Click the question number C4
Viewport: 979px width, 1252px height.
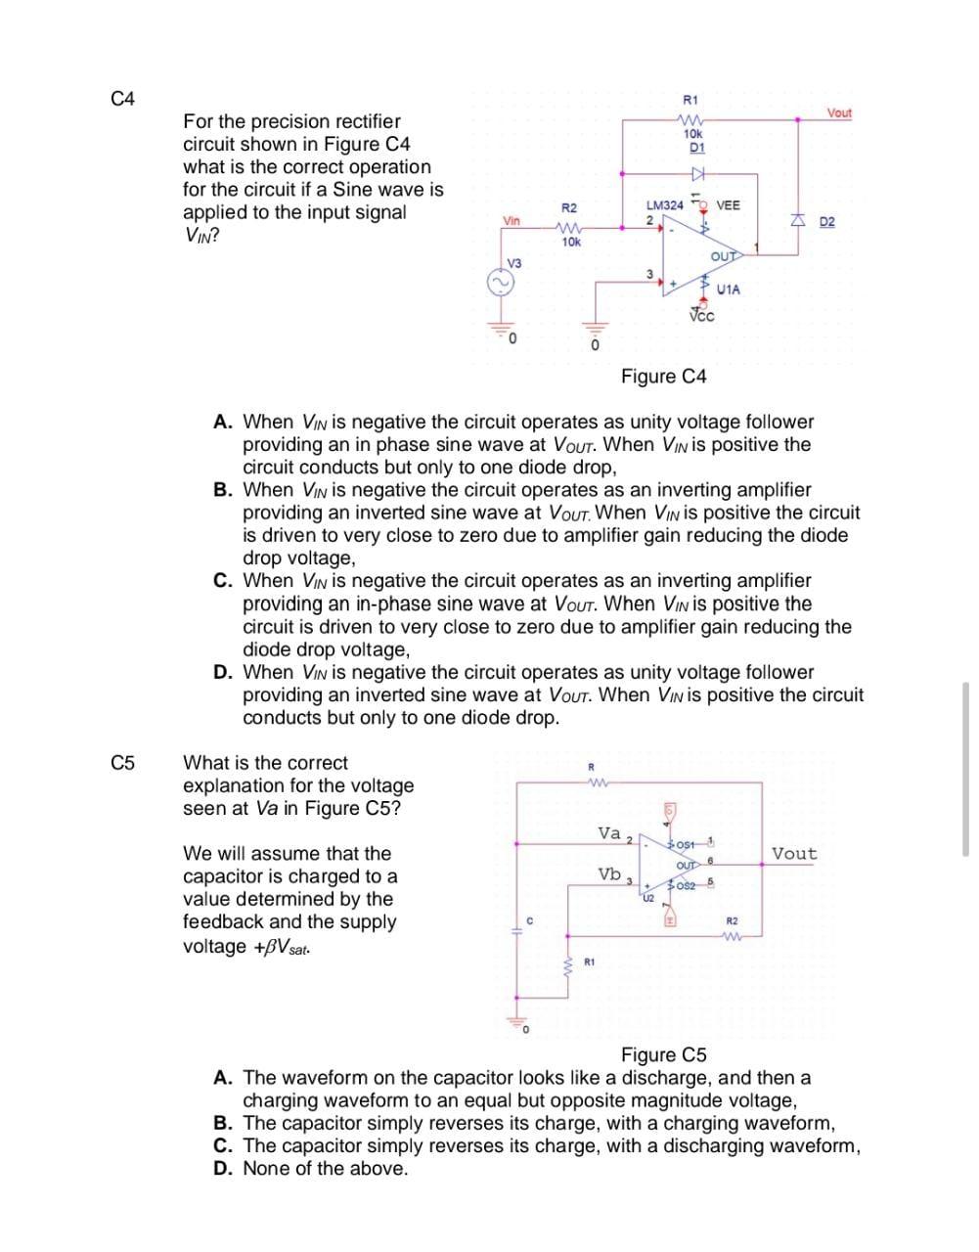click(122, 99)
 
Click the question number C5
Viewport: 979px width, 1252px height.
click(122, 763)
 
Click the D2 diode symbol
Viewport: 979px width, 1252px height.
click(797, 222)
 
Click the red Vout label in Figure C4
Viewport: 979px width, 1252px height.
click(839, 113)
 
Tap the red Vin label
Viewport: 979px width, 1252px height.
click(512, 220)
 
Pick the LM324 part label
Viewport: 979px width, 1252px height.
click(665, 205)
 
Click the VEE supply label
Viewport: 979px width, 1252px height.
click(729, 205)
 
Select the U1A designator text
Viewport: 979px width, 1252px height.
click(729, 290)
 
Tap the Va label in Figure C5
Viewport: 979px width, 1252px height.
click(609, 833)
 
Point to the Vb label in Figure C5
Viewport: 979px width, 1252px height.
click(609, 873)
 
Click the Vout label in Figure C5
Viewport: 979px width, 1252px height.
click(794, 854)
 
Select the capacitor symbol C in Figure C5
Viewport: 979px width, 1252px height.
click(519, 934)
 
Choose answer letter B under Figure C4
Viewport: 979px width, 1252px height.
click(223, 490)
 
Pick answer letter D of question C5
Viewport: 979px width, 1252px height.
click(223, 1169)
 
